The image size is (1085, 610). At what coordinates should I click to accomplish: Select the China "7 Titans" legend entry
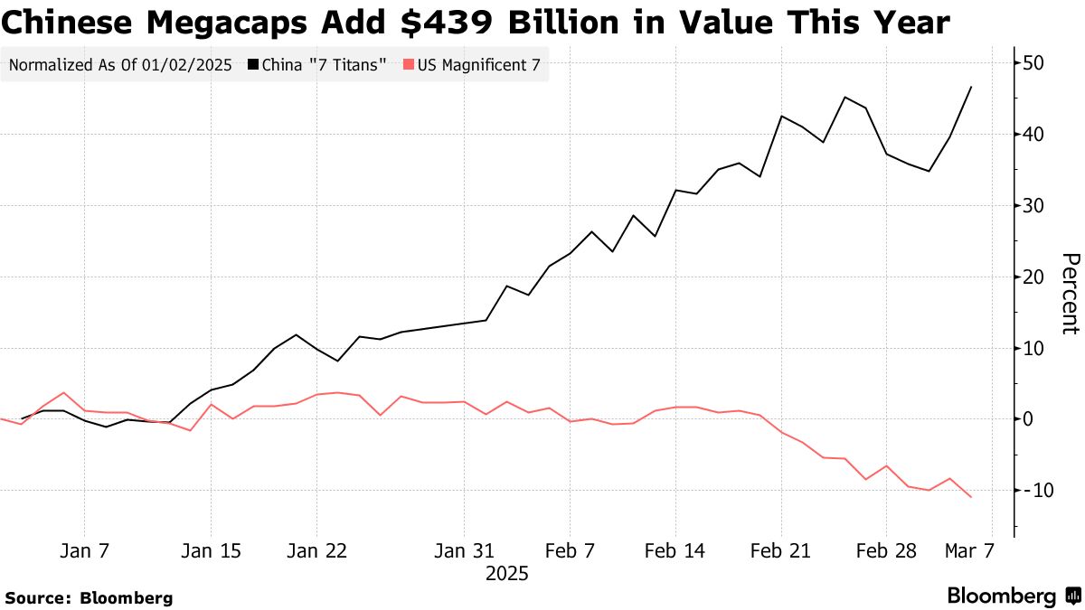click(x=323, y=65)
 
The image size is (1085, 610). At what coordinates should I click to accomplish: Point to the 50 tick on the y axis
click(x=1034, y=63)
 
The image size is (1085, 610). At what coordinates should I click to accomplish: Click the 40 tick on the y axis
click(x=1034, y=135)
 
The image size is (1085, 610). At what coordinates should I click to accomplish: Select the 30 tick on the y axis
click(x=1034, y=206)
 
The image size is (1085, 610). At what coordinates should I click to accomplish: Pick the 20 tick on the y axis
click(x=1034, y=277)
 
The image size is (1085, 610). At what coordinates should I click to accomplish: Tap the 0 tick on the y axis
click(x=1029, y=419)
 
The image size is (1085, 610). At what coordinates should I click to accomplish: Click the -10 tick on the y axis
click(x=1031, y=490)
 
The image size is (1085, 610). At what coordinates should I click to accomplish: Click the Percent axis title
click(x=1069, y=294)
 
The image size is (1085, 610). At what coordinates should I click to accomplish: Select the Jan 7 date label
click(x=84, y=551)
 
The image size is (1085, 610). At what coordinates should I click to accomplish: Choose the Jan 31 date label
click(x=464, y=551)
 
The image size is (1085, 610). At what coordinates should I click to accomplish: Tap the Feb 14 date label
click(x=675, y=551)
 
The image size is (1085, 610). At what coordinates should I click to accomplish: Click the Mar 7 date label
click(x=970, y=551)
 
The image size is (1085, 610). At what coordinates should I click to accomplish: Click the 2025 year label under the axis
click(x=506, y=574)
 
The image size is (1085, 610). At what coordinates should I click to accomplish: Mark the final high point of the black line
click(x=971, y=87)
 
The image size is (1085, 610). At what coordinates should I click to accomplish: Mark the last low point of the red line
click(x=971, y=497)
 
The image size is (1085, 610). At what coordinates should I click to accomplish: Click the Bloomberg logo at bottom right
click(x=1013, y=596)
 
